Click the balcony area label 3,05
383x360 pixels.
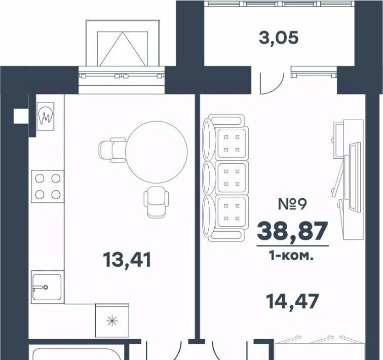(279, 39)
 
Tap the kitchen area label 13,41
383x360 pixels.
(127, 260)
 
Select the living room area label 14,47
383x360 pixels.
(292, 302)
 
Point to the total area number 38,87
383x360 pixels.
(292, 231)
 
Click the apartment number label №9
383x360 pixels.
(292, 204)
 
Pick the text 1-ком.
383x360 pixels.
(291, 256)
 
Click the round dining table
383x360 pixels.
(157, 152)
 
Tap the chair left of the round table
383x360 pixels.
(112, 150)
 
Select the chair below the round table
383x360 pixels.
(157, 202)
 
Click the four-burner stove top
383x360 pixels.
(48, 187)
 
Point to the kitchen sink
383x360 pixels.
(47, 287)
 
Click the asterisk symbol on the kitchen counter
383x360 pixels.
(112, 320)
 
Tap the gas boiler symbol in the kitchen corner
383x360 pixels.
(46, 116)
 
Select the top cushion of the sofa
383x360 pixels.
(232, 143)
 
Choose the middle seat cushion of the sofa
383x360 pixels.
(232, 177)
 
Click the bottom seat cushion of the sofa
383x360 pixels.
(232, 211)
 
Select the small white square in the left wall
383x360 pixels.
(21, 116)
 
